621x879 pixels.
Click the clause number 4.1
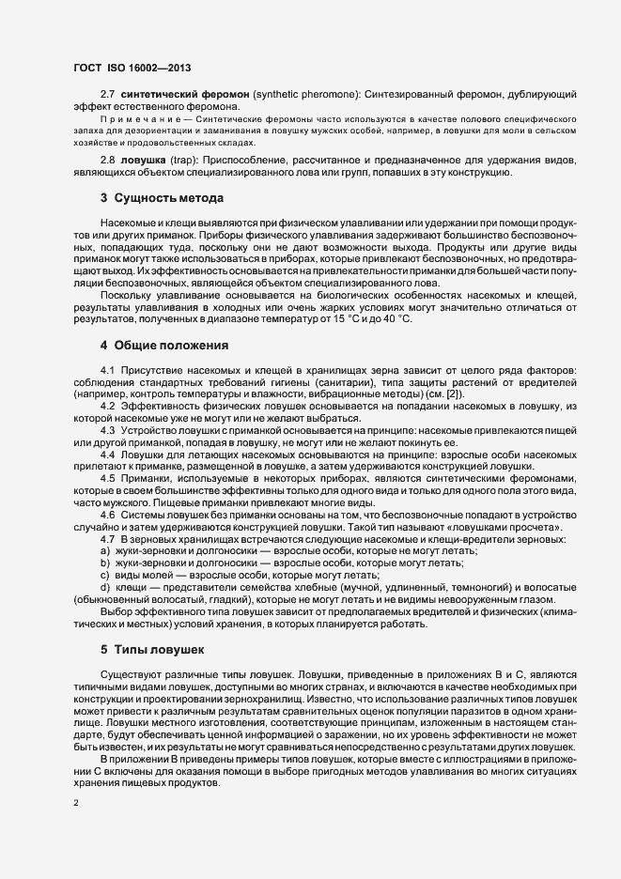(x=106, y=370)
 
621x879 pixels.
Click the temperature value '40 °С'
(x=396, y=321)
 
